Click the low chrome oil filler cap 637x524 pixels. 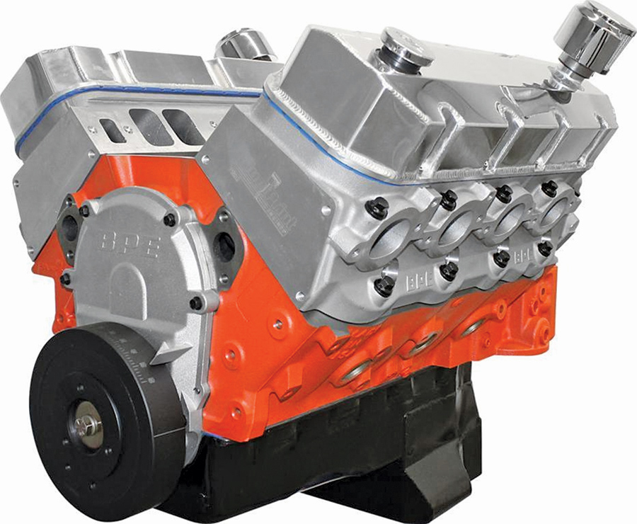406,47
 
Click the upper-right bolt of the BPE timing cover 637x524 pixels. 170,220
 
